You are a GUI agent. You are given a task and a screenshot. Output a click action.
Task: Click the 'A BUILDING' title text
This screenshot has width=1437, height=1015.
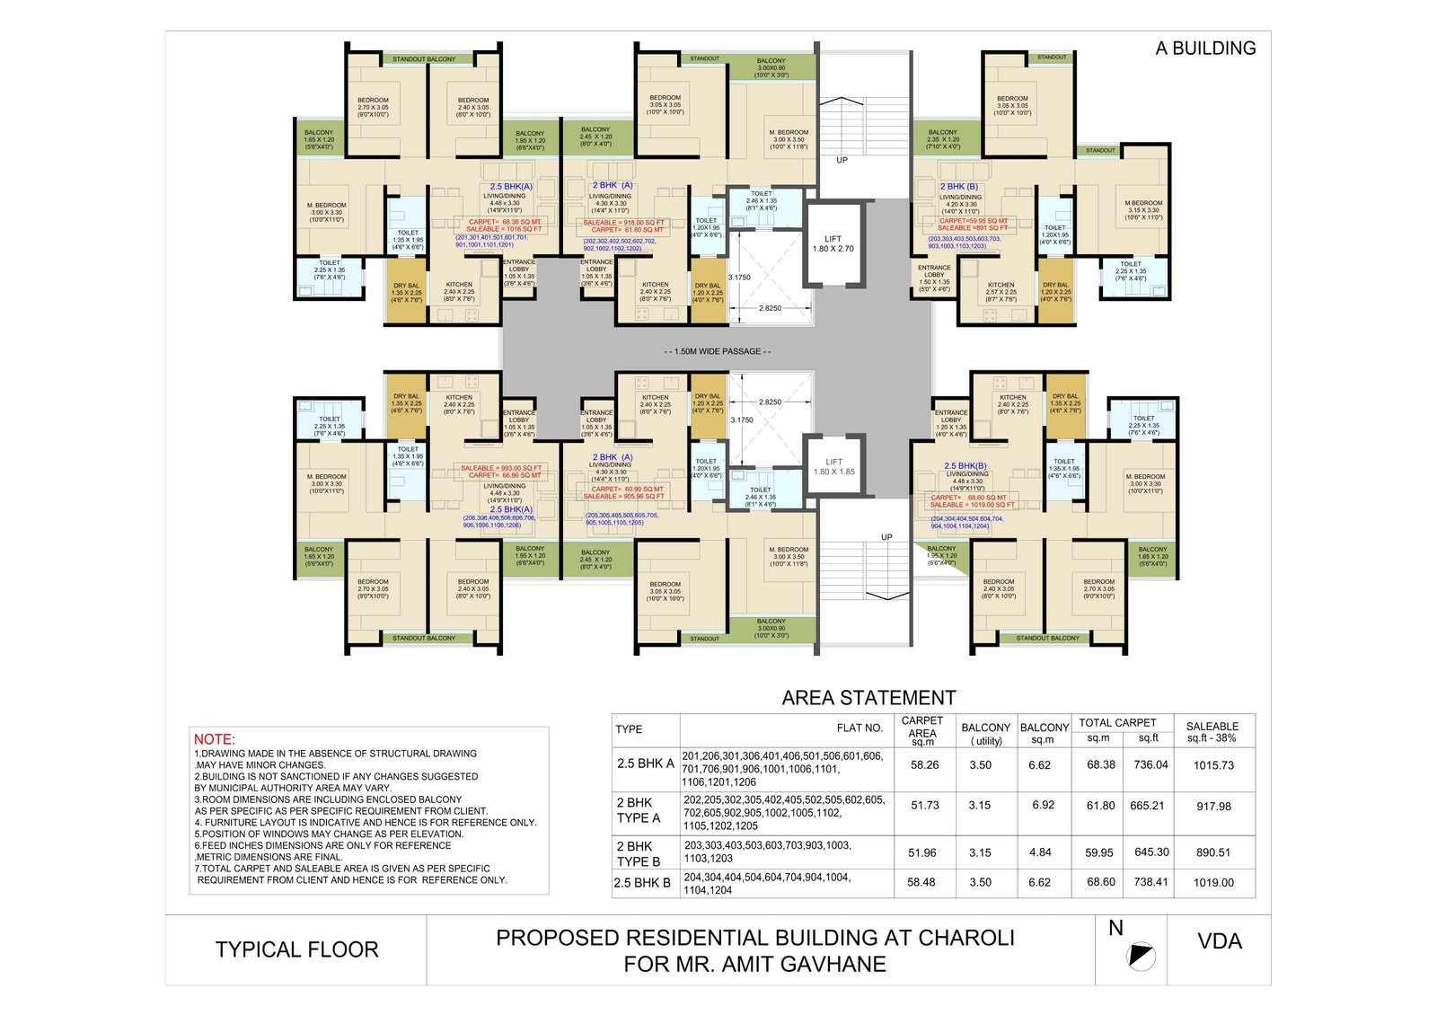pyautogui.click(x=1204, y=49)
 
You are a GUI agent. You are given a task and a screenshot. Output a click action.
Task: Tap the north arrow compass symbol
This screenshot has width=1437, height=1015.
pyautogui.click(x=1141, y=956)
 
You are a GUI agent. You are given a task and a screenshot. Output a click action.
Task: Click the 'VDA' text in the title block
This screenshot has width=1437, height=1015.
pyautogui.click(x=1220, y=941)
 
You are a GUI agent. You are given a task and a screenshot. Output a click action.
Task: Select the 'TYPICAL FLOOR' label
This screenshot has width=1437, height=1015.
pyautogui.click(x=296, y=949)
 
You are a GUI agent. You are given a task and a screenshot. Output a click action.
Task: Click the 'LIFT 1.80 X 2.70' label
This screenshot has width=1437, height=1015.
pyautogui.click(x=833, y=243)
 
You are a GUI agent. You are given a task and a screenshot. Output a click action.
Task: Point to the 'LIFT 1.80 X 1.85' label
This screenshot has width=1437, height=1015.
pyautogui.click(x=833, y=466)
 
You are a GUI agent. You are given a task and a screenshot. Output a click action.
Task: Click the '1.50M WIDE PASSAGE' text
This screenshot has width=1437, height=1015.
pyautogui.click(x=717, y=351)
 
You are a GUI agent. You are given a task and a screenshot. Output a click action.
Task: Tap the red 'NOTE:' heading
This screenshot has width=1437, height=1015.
pyautogui.click(x=214, y=739)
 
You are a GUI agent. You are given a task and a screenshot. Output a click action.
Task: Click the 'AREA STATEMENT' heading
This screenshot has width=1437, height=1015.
pyautogui.click(x=868, y=698)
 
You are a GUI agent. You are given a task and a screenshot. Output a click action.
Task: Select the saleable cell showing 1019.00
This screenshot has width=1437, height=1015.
pyautogui.click(x=1213, y=883)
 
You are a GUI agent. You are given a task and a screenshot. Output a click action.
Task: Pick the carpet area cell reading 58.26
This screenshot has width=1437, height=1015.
pyautogui.click(x=924, y=765)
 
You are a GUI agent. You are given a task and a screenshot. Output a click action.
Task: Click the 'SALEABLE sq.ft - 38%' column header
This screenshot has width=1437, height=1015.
pyautogui.click(x=1212, y=732)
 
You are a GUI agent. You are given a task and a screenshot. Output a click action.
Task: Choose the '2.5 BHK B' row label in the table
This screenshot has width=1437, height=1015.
pyautogui.click(x=642, y=883)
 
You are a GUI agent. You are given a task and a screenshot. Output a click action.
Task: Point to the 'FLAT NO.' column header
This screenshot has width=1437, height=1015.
pyautogui.click(x=860, y=728)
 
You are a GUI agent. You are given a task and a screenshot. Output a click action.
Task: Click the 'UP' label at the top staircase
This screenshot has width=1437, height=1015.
pyautogui.click(x=842, y=161)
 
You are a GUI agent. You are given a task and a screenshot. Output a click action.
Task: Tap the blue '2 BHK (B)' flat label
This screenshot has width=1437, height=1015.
pyautogui.click(x=958, y=187)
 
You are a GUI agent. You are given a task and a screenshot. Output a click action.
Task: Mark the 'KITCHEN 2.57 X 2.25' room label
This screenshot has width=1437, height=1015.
pyautogui.click(x=1001, y=288)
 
